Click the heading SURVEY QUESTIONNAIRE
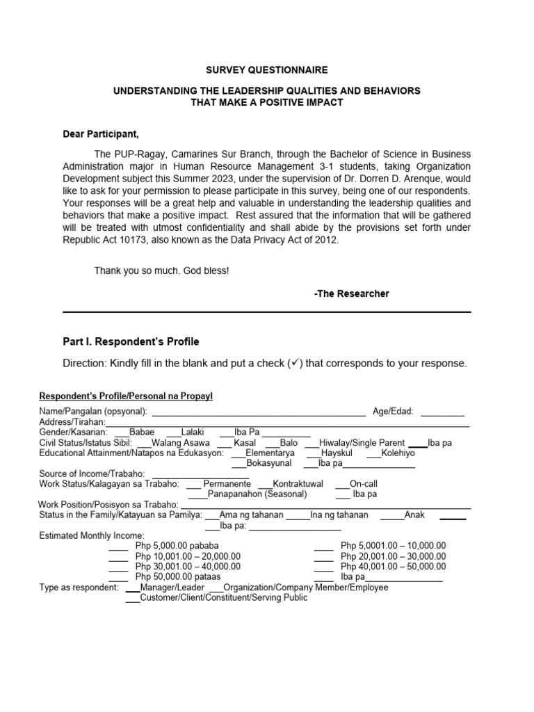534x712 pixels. click(267, 70)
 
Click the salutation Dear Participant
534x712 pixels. click(106, 134)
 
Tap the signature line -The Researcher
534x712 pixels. click(351, 293)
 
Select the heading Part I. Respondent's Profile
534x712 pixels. click(131, 341)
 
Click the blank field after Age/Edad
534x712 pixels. click(442, 411)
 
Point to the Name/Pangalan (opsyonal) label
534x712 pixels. click(92, 411)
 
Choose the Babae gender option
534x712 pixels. click(141, 432)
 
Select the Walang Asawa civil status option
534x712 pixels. click(177, 442)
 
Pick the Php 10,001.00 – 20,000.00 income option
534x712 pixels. click(188, 556)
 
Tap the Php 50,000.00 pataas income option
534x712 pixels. click(177, 576)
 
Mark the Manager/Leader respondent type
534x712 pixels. click(172, 588)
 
